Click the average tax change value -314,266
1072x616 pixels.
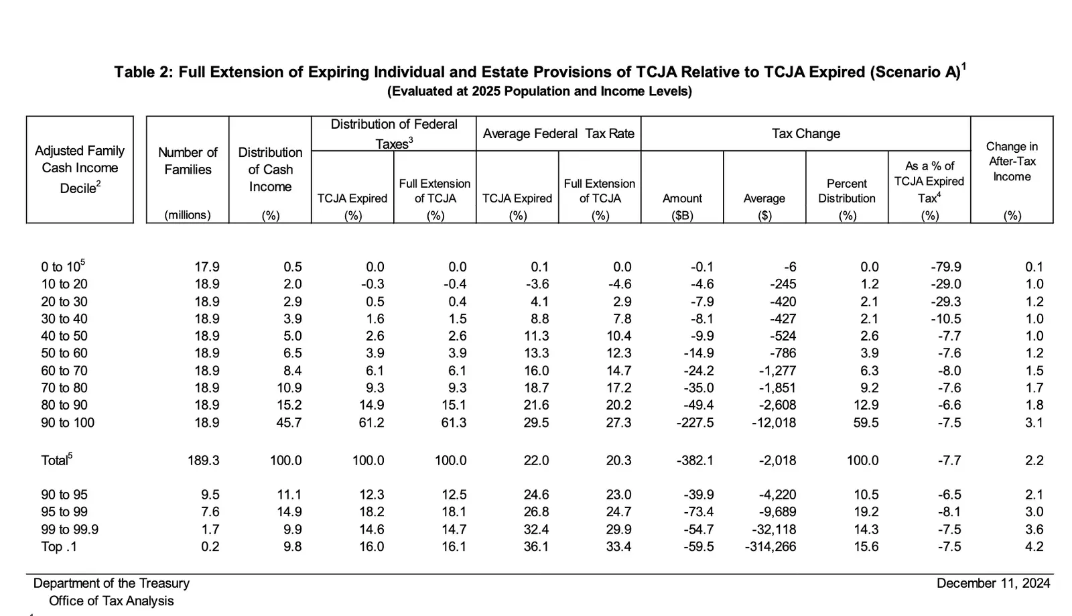[x=770, y=547]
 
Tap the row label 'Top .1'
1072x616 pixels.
[x=59, y=547]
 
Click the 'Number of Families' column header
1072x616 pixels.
[x=188, y=161]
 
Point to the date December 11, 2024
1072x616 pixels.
[x=993, y=583]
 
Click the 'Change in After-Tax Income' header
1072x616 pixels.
[x=1012, y=162]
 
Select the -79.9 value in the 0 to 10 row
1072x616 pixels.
[x=945, y=267]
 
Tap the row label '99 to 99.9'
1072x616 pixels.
[x=70, y=530]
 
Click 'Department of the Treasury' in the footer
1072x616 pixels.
[x=111, y=583]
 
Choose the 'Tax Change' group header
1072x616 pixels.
[x=805, y=133]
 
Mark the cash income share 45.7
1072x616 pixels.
[x=289, y=423]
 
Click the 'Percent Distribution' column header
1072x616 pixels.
[x=847, y=191]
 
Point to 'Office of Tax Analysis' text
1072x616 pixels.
[x=111, y=601]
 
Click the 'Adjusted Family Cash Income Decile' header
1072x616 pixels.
[x=80, y=169]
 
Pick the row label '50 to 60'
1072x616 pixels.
[x=64, y=353]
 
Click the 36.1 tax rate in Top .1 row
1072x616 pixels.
[x=536, y=547]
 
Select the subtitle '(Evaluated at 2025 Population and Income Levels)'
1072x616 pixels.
[x=539, y=91]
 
